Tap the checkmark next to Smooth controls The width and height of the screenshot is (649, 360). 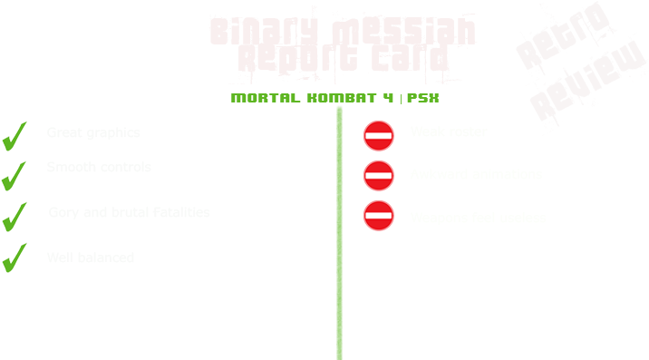13,176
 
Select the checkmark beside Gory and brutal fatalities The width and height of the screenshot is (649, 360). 13,217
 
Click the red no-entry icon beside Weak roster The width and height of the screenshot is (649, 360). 378,136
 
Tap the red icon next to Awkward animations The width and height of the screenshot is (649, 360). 378,175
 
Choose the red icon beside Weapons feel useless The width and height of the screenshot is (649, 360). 378,216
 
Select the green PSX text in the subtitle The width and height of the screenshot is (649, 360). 423,97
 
